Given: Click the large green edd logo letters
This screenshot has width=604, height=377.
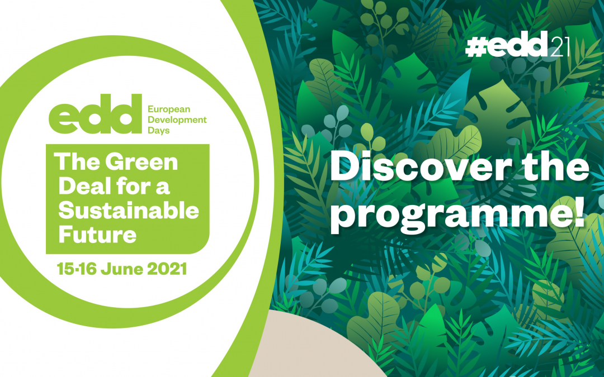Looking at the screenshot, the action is click(95, 114).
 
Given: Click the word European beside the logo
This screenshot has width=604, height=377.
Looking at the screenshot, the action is click(169, 109).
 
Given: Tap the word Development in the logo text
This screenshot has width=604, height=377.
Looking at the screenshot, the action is click(177, 120).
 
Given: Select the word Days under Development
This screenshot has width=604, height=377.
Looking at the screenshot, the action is click(159, 130).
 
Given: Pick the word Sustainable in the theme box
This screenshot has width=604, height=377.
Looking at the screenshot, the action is click(129, 211).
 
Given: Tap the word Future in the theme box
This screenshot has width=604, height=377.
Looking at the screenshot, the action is click(97, 234).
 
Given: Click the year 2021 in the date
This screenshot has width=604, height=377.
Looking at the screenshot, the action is click(167, 269).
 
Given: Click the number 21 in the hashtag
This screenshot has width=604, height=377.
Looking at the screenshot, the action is click(559, 46).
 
